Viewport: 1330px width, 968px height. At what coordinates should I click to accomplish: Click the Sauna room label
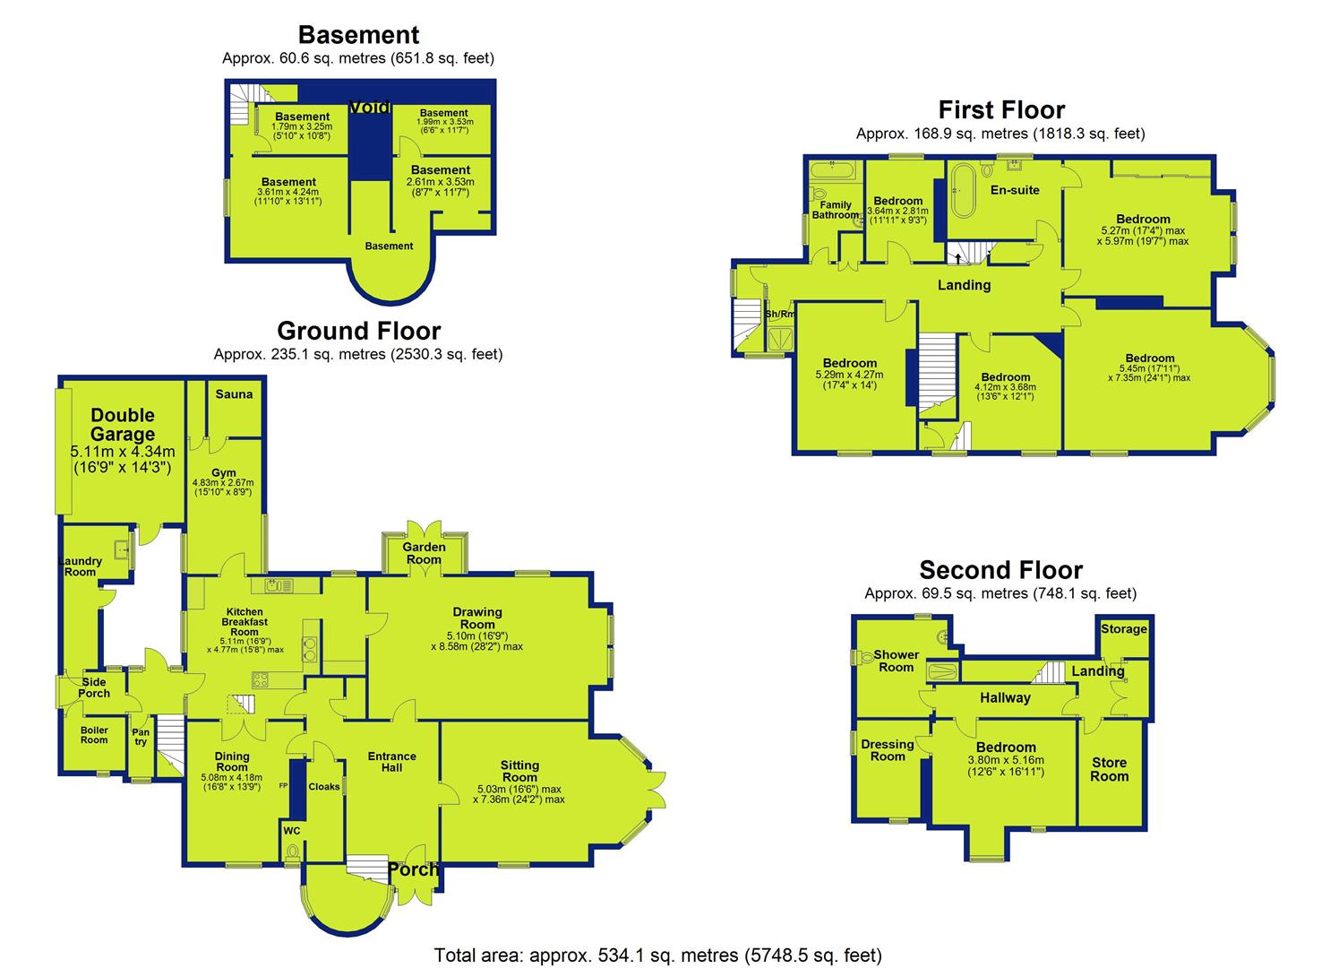click(x=234, y=394)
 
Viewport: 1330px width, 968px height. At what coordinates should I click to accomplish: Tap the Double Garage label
click(x=123, y=424)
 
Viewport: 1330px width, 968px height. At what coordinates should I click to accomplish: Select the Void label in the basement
click(x=370, y=107)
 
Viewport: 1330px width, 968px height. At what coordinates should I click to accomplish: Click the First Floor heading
click(x=1001, y=110)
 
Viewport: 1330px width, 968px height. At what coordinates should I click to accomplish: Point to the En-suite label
click(x=1015, y=190)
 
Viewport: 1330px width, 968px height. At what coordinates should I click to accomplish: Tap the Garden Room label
click(x=424, y=553)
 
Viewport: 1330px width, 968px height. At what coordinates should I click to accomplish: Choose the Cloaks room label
click(x=324, y=787)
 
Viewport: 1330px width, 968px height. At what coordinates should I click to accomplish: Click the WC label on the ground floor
click(x=292, y=831)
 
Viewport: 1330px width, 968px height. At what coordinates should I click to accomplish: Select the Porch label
click(x=413, y=869)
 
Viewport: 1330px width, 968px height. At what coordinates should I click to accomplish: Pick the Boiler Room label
click(x=94, y=734)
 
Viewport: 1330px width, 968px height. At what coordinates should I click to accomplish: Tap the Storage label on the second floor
click(x=1123, y=628)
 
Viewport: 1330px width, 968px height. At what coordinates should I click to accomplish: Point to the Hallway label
click(x=1005, y=697)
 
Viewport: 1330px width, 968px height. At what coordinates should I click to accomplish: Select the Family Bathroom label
click(x=836, y=210)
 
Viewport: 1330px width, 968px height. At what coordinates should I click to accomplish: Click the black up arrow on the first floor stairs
click(x=957, y=258)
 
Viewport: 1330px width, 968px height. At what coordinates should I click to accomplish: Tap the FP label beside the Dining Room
click(x=283, y=785)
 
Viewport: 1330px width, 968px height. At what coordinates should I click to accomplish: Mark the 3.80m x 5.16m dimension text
click(x=1006, y=759)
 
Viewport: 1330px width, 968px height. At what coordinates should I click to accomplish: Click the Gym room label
click(x=223, y=472)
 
